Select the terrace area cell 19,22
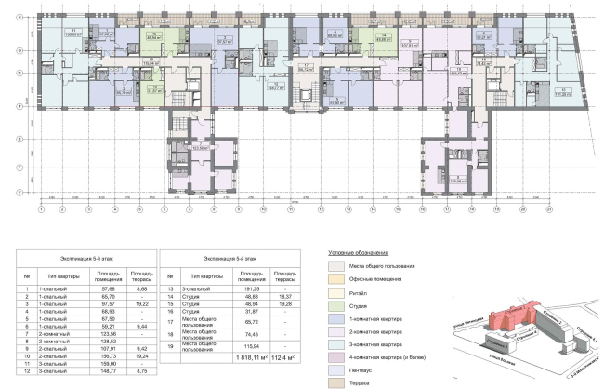(x=141, y=303)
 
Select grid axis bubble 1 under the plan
(x=41, y=209)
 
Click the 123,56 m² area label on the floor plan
(x=197, y=147)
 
